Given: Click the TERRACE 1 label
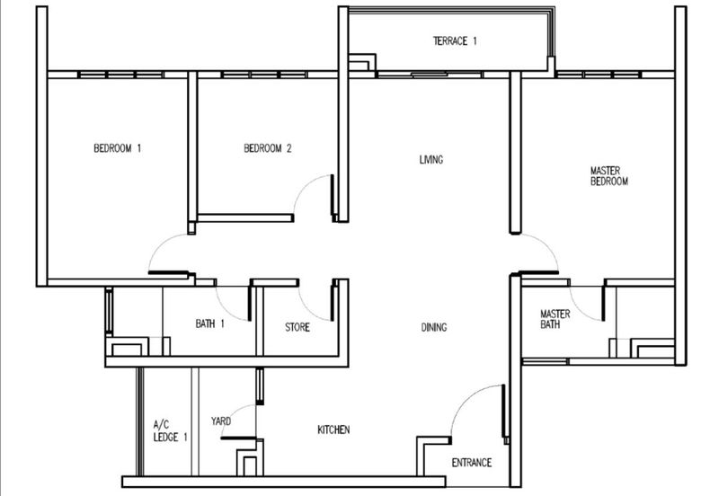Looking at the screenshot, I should (455, 41).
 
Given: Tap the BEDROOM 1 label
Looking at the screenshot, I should (118, 149).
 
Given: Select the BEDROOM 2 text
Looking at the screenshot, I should (268, 149).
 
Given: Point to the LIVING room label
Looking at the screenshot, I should (431, 160).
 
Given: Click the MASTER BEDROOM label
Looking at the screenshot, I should (608, 175).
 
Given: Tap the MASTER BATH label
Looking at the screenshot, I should (555, 319).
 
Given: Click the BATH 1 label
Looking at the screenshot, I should (209, 323).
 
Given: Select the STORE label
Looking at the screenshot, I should (297, 328).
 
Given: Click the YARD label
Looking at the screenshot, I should (222, 421).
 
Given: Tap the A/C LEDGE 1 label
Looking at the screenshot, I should (164, 431).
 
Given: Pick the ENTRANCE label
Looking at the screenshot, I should (470, 463).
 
